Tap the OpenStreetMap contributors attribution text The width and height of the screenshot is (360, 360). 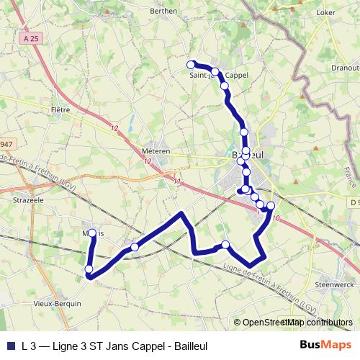pyautogui.click(x=297, y=323)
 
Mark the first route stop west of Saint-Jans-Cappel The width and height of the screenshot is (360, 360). pyautogui.click(x=191, y=64)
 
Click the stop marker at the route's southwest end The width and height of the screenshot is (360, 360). pyautogui.click(x=89, y=269)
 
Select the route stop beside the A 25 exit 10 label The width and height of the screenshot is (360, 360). pyautogui.click(x=271, y=207)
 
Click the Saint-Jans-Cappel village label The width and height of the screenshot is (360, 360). pyautogui.click(x=218, y=75)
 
